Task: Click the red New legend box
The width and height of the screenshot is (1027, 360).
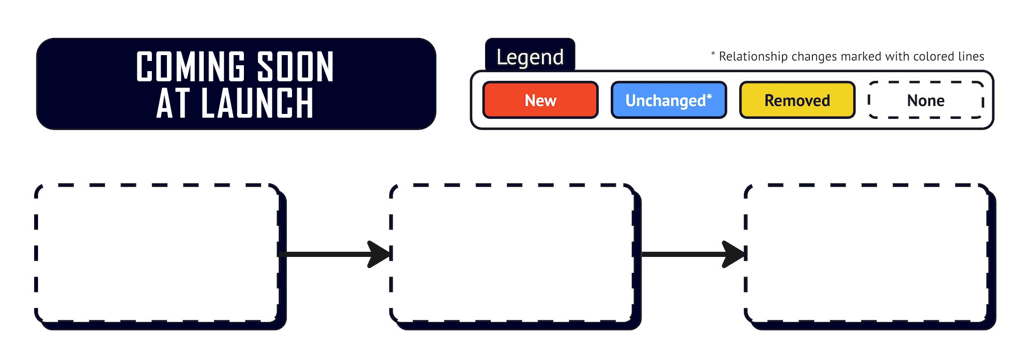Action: pyautogui.click(x=540, y=100)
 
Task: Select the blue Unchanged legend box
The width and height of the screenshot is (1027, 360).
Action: pyautogui.click(x=669, y=100)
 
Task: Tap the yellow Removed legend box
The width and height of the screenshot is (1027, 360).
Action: pyautogui.click(x=797, y=100)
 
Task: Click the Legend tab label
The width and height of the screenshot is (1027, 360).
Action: pyautogui.click(x=530, y=57)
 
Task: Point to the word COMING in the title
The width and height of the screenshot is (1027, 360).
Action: pyautogui.click(x=190, y=67)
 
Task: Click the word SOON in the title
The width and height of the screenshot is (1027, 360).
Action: pyautogui.click(x=296, y=67)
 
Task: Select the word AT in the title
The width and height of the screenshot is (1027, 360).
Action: pyautogui.click(x=173, y=103)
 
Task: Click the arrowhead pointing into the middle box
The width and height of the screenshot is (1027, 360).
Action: pyautogui.click(x=380, y=254)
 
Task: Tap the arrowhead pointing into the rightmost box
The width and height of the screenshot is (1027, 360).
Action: pyautogui.click(x=734, y=254)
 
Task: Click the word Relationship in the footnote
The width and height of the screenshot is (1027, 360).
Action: pyautogui.click(x=753, y=57)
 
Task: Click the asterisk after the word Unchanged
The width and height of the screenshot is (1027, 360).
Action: pyautogui.click(x=709, y=97)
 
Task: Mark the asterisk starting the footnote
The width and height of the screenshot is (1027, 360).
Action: pyautogui.click(x=713, y=53)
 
